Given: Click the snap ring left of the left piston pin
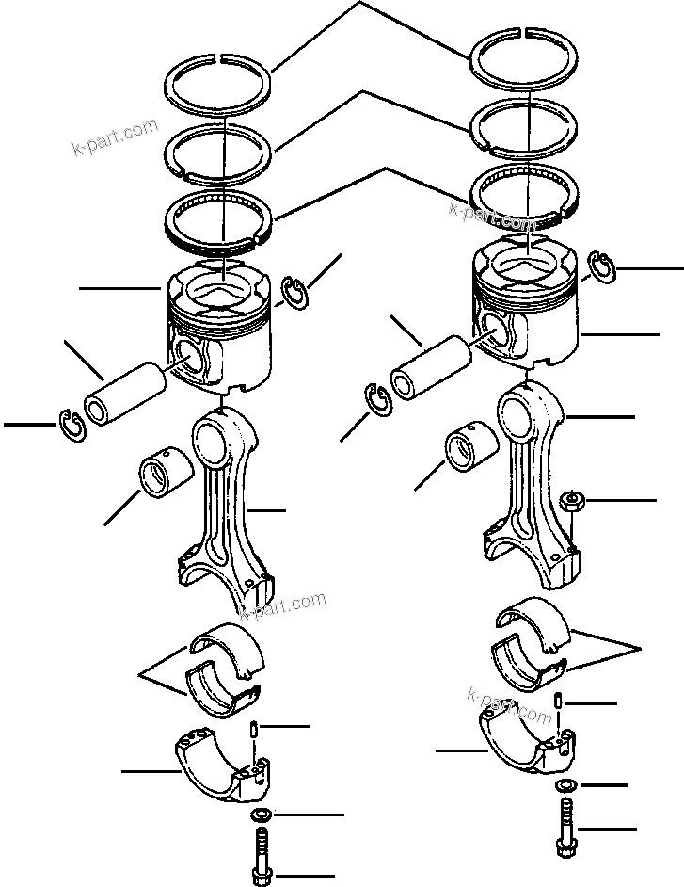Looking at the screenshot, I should coord(69,425).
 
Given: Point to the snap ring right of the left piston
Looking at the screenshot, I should coord(297,292).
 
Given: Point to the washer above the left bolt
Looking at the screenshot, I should coord(261,814).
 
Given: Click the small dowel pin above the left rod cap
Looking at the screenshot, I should coord(255,730).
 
